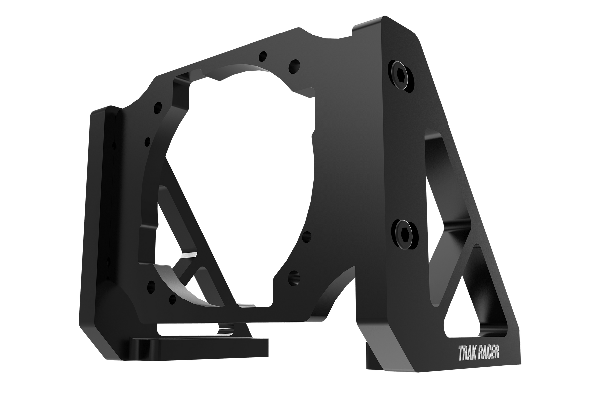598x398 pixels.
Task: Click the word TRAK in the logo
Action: (x=467, y=353)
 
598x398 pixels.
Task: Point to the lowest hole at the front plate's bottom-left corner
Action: (x=172, y=300)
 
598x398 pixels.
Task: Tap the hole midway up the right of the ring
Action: (x=307, y=236)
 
